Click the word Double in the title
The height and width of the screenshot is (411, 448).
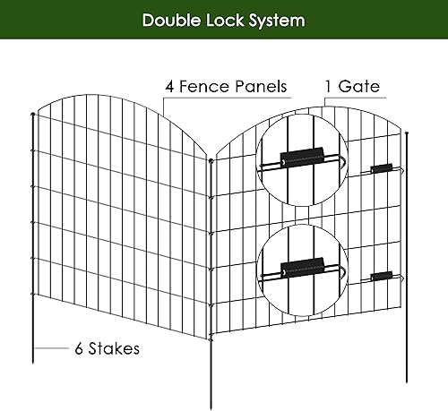pos(171,20)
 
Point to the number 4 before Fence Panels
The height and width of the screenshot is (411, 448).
pos(169,87)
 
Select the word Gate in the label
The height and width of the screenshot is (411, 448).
pos(362,87)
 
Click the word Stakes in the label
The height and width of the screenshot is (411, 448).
pos(114,348)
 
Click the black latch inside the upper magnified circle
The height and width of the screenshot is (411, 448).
pos(299,157)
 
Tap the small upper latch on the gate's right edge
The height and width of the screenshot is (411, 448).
pos(383,168)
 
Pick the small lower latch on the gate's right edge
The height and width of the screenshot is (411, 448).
pos(383,277)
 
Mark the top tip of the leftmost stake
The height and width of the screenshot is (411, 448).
pos(33,115)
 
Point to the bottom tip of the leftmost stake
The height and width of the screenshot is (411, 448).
pos(35,364)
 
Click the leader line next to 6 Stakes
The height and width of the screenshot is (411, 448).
pos(55,348)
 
